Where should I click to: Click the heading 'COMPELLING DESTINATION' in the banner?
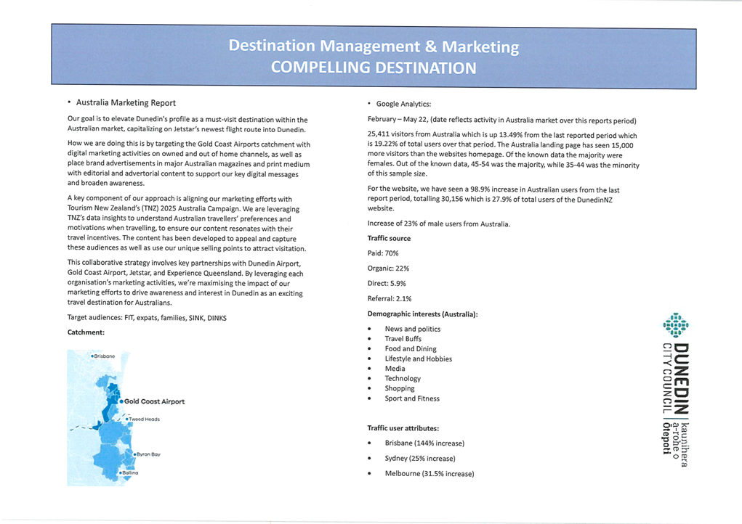coord(373,68)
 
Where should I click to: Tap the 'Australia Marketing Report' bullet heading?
coord(125,103)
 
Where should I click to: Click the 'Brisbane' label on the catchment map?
coord(104,356)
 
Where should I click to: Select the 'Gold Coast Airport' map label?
coord(154,401)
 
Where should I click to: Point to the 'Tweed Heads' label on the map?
coord(144,419)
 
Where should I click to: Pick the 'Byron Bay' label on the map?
coord(148,454)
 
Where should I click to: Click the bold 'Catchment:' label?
coord(86,332)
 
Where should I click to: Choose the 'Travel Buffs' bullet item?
coord(403,339)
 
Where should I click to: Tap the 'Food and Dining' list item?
coord(411,349)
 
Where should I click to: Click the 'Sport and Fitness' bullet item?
coord(412,398)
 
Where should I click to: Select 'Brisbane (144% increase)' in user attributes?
coord(424,443)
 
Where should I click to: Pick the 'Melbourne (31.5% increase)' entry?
coord(430,474)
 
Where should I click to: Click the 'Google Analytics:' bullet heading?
coord(403,104)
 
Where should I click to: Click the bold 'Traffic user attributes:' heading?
coord(403,428)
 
